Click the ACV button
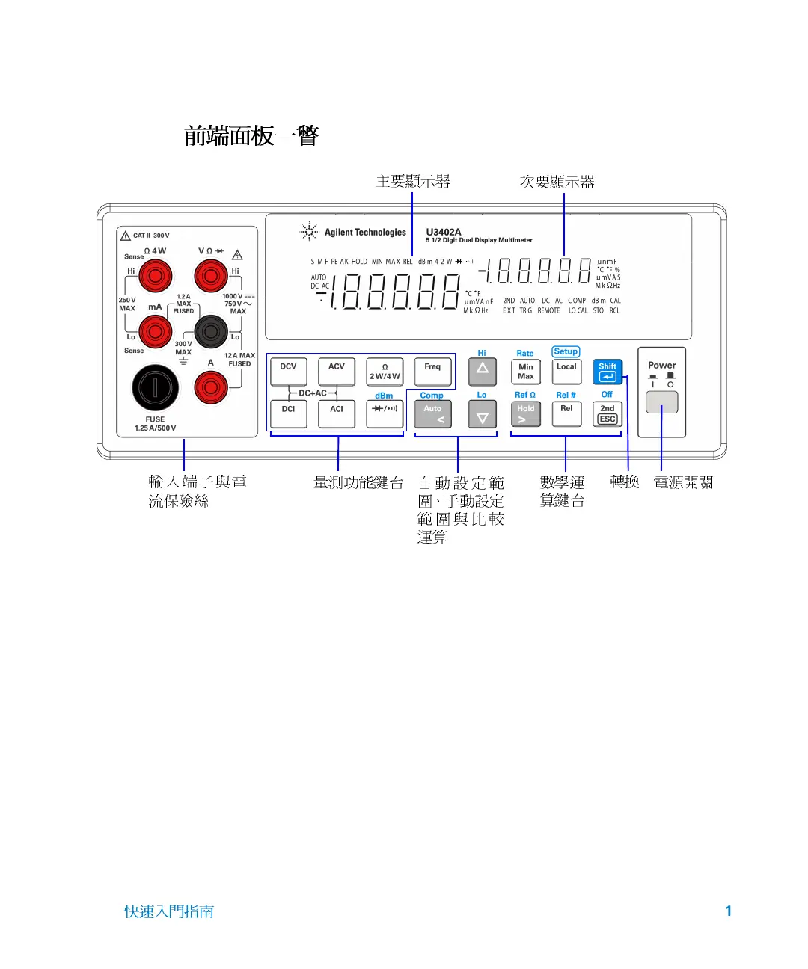tap(337, 371)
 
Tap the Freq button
tap(432, 371)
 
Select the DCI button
tap(289, 413)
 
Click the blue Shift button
tap(607, 371)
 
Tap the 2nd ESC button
tap(607, 413)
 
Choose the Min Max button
tap(526, 371)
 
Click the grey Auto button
tap(433, 413)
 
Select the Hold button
tap(526, 413)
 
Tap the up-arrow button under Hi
tap(483, 371)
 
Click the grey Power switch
tap(661, 402)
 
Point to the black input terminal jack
tap(211, 330)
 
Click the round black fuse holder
tap(156, 387)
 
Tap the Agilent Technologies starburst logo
tap(309, 233)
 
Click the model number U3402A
tap(444, 232)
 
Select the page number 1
tap(728, 911)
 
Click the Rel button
tap(566, 413)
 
